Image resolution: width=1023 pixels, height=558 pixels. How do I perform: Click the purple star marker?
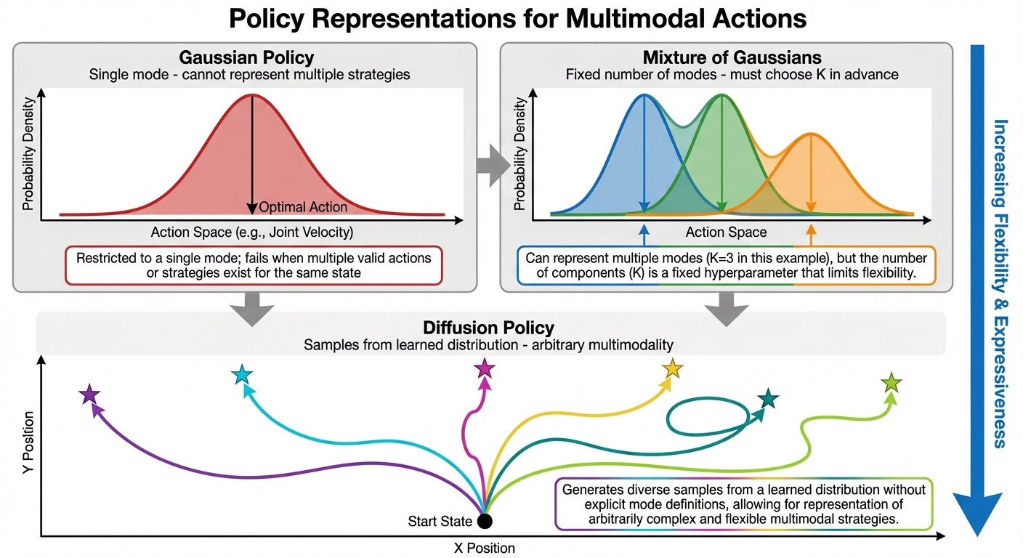coord(89,395)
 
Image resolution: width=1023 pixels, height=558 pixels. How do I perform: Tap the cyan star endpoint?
coord(241,374)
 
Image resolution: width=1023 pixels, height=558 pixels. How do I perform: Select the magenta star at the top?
coord(484,368)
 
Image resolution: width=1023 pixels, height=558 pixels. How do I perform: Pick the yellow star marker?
coord(673,368)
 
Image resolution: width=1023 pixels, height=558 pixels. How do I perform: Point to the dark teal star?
coord(768,398)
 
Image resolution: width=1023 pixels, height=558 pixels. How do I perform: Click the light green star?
coord(891,381)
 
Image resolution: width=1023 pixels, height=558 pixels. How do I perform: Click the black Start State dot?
coord(484,521)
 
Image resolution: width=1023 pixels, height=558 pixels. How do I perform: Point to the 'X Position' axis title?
coord(485,547)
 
